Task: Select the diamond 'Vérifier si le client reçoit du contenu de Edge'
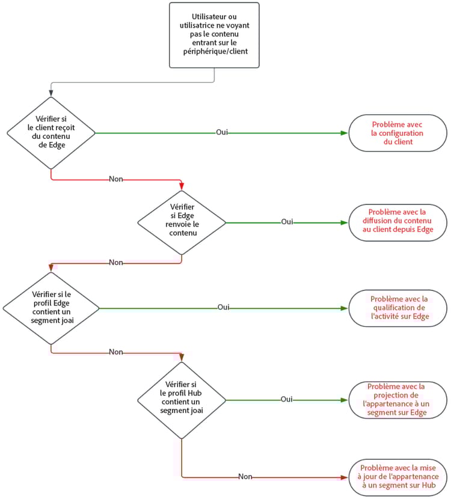tap(51, 132)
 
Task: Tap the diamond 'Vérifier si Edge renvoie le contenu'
tap(182, 222)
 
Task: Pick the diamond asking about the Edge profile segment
tap(51, 308)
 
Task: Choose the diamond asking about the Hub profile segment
tap(182, 399)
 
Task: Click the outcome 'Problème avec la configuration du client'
tap(397, 133)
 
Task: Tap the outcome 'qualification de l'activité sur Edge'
tap(397, 308)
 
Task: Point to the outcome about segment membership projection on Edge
tap(397, 399)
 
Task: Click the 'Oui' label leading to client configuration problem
tap(222, 132)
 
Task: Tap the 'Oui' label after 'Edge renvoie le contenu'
tap(287, 222)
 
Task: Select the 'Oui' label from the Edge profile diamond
tap(223, 307)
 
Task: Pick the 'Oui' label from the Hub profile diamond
tap(287, 399)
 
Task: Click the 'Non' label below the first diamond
tap(116, 179)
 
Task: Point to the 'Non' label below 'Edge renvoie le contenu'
tap(116, 262)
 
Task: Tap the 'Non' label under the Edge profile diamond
tap(116, 352)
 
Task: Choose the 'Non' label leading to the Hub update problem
tap(245, 477)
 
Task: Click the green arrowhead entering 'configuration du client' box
tap(345, 132)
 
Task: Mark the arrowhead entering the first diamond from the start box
tap(51, 93)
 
